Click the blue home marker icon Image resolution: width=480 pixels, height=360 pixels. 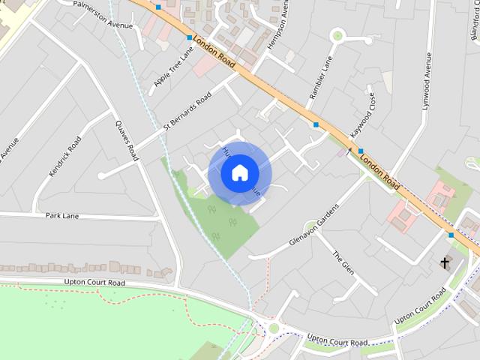(239, 172)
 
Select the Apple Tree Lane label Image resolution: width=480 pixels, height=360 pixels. (173, 66)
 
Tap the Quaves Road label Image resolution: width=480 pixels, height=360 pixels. (127, 141)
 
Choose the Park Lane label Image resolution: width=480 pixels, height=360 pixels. (62, 216)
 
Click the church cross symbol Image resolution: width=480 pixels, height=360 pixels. (445, 262)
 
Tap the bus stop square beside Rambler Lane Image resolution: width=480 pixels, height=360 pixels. (316, 124)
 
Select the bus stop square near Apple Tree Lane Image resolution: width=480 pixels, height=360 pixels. (188, 37)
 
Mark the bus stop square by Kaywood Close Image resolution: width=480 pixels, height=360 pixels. (360, 151)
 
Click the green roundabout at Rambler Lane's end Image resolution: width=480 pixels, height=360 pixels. (337, 34)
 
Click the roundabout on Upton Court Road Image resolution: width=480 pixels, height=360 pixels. (273, 328)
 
